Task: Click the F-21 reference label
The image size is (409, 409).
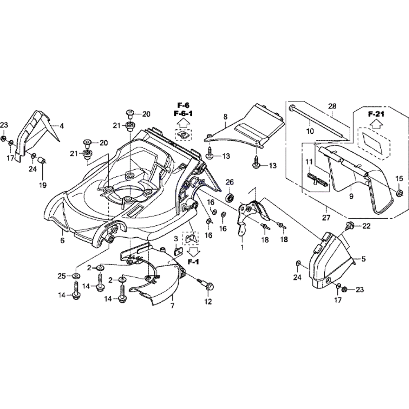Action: pyautogui.click(x=375, y=114)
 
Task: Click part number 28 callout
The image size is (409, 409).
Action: pyautogui.click(x=332, y=106)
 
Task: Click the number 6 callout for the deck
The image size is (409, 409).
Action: pyautogui.click(x=62, y=241)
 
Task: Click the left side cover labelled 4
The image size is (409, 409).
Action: pyautogui.click(x=37, y=131)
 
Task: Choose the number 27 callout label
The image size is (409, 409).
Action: pyautogui.click(x=326, y=218)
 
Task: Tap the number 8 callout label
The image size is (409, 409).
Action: pyautogui.click(x=225, y=117)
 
